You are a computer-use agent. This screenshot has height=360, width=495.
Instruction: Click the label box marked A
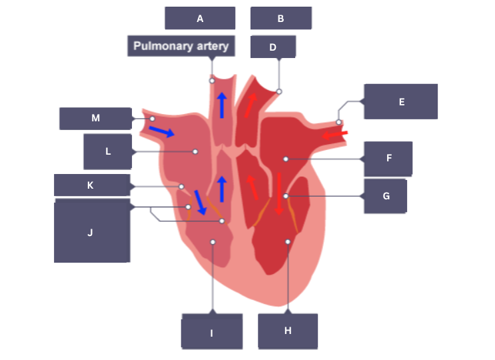coord(200,19)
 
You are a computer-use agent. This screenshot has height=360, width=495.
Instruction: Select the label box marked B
coord(280,19)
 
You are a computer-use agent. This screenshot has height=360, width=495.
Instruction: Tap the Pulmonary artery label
coord(181,46)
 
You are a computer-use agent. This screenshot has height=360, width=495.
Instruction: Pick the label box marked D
coord(272,47)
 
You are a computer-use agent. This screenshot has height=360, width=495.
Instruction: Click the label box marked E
coord(401,101)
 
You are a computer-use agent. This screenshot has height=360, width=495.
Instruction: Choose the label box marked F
coord(388,159)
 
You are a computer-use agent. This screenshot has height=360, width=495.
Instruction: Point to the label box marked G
coord(386,196)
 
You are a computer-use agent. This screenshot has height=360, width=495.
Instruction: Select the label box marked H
coord(288,331)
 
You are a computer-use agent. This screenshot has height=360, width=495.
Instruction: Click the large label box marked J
coord(91,232)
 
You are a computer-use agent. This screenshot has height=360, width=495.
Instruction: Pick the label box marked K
coord(91,185)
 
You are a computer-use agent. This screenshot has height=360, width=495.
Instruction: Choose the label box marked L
coord(108,151)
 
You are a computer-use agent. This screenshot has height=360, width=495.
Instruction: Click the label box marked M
coord(95,118)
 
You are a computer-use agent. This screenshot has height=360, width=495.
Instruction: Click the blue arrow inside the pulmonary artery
coord(222,105)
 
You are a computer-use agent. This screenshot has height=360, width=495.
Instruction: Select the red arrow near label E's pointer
coord(335,135)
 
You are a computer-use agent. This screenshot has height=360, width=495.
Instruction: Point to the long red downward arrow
coord(278,193)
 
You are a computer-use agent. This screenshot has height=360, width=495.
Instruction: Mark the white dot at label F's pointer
coord(285,159)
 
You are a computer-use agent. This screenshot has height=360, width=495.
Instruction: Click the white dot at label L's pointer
coord(195,152)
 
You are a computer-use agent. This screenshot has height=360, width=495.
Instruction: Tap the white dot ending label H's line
coord(288,241)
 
